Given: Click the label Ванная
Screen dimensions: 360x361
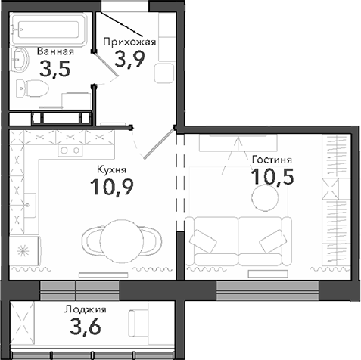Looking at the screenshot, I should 55,52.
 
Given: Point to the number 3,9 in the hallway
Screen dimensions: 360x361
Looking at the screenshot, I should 129,60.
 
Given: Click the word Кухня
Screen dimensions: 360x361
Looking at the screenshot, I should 112,170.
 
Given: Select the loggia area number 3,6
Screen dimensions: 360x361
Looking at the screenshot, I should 86,328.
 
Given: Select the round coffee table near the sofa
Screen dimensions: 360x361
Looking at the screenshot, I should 266,199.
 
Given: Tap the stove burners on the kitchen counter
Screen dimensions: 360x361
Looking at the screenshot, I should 70,150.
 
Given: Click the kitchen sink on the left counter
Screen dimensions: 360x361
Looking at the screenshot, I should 30,202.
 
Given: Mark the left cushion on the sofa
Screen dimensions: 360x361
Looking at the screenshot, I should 204,241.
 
